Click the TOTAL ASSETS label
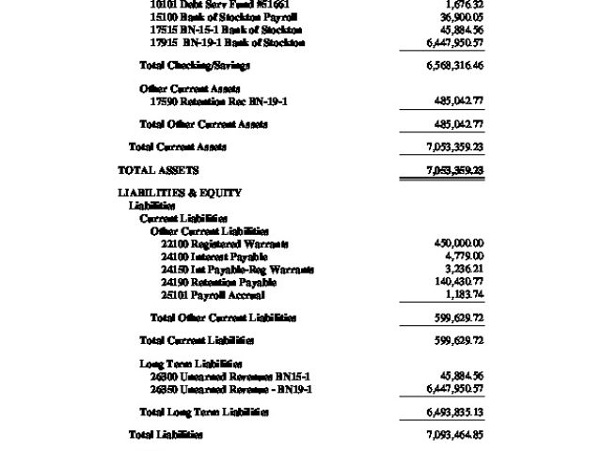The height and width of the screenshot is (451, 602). pos(158,170)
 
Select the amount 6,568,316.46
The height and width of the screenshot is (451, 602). pos(454,66)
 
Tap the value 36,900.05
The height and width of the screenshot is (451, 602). pos(462,17)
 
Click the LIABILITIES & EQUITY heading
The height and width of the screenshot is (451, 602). pos(180,193)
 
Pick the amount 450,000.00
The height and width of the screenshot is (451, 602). pos(459,243)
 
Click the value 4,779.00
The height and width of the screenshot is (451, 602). pos(465,256)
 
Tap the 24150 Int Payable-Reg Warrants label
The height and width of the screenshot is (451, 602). pos(237,270)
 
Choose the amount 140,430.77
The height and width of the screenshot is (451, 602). pos(459,282)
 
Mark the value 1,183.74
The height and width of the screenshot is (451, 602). pos(464,295)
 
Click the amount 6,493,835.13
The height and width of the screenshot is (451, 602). pos(454,412)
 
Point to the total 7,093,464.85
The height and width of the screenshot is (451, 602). pos(454,435)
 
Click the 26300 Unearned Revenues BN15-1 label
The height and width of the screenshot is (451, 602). pos(230,376)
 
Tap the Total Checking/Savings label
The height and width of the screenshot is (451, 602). pos(195,66)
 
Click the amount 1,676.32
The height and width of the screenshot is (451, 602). pos(465,5)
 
